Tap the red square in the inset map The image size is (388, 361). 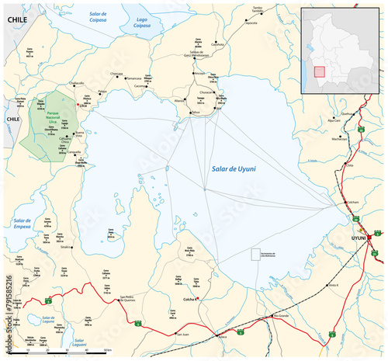(318, 71)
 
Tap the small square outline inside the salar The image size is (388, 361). (255, 254)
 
